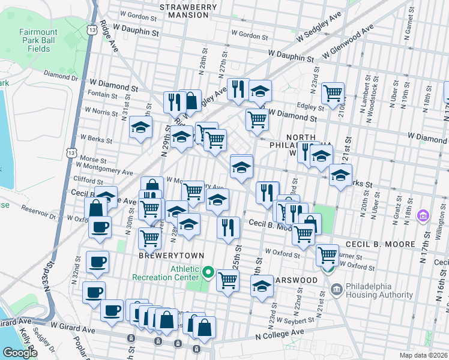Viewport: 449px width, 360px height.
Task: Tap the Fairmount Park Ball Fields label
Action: pyautogui.click(x=30, y=40)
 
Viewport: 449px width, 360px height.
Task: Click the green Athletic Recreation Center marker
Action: pyautogui.click(x=208, y=273)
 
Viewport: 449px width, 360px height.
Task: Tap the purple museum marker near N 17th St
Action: pyautogui.click(x=424, y=215)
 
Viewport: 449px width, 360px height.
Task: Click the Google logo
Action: pyautogui.click(x=20, y=352)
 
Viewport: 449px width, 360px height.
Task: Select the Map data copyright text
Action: pyautogui.click(x=424, y=355)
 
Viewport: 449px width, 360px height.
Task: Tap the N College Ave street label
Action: pyautogui.click(x=285, y=337)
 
